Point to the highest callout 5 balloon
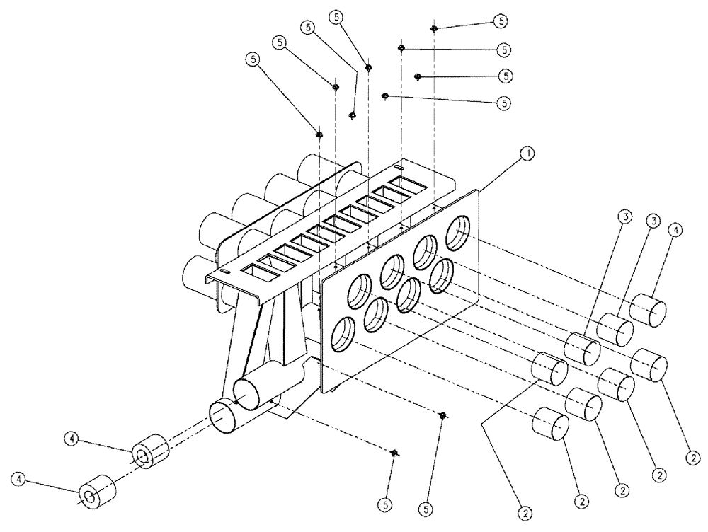click(x=501, y=21)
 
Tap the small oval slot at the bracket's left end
click(x=224, y=272)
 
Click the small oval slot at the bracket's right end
click(x=399, y=168)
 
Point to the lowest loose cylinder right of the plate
click(x=550, y=424)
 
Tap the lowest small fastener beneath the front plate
click(x=395, y=453)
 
